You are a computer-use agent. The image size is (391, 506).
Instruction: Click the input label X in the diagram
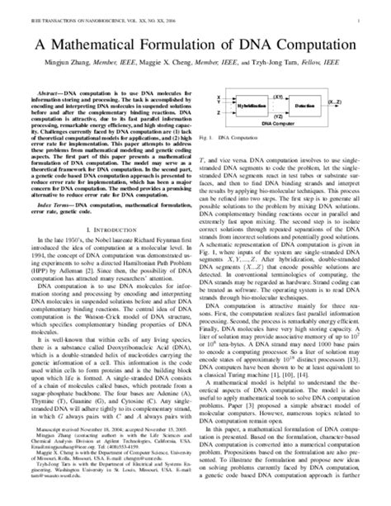coord(218,99)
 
